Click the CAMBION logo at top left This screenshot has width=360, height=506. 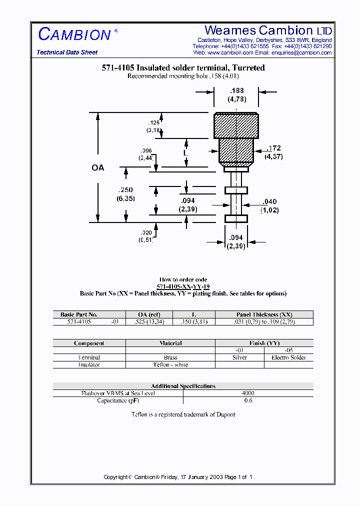[74, 34]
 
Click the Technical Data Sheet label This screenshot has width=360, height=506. [67, 52]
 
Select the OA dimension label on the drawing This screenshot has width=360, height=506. [98, 168]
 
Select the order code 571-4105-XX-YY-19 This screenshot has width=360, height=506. [183, 286]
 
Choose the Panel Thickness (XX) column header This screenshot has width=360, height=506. [264, 314]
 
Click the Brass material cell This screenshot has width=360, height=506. [170, 357]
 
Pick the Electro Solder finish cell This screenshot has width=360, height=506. [288, 357]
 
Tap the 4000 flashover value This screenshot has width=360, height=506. [248, 393]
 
